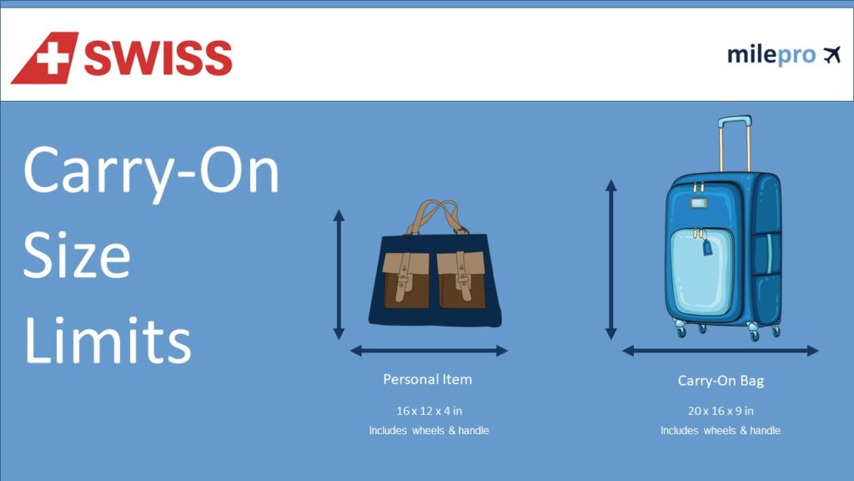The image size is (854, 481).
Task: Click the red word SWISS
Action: pos(158,58)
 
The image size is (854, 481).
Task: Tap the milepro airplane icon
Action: pos(831,55)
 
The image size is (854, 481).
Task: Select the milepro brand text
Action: pos(771,55)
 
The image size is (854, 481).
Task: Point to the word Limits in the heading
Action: pos(108,339)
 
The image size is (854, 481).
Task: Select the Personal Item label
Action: pos(428,380)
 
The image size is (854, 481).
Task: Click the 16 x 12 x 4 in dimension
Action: pos(430,411)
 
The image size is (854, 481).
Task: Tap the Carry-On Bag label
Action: pos(721,381)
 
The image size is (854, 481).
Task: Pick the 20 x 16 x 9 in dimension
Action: pos(721,411)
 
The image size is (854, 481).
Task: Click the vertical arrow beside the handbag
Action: pos(339,275)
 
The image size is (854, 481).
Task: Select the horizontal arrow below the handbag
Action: pos(430,351)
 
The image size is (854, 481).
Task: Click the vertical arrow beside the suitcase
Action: pos(611,260)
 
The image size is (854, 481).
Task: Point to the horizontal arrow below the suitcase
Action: pos(721,351)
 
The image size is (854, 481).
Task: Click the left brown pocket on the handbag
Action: pos(406,280)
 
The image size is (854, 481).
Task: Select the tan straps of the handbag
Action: pos(437,217)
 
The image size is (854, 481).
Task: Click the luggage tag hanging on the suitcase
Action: pos(707,247)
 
